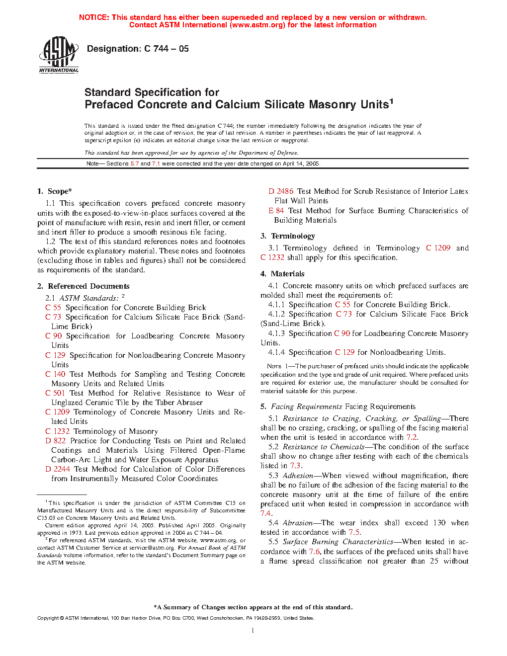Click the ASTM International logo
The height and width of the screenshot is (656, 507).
pos(59,55)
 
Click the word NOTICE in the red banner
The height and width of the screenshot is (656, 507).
pos(93,17)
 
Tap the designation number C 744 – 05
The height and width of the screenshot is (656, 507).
pos(166,49)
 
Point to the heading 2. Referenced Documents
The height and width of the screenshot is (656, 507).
pos(83,286)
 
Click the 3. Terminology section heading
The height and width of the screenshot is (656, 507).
pos(288,236)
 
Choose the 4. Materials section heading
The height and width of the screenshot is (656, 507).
pos(282,274)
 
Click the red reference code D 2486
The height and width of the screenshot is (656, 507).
pos(281,191)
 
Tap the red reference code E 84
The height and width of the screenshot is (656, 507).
pos(276,211)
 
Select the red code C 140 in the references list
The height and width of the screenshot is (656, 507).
pos(55,374)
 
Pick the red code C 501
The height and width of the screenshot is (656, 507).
pos(55,393)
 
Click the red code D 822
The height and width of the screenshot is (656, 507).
pos(55,441)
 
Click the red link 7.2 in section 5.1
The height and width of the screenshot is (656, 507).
pos(411,437)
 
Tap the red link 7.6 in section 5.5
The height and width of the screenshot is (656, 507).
pos(314,552)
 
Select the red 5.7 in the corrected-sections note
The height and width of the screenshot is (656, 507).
pos(135,164)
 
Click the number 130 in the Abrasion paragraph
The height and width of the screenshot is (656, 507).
pos(439,523)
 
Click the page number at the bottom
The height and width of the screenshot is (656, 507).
pos(253,631)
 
